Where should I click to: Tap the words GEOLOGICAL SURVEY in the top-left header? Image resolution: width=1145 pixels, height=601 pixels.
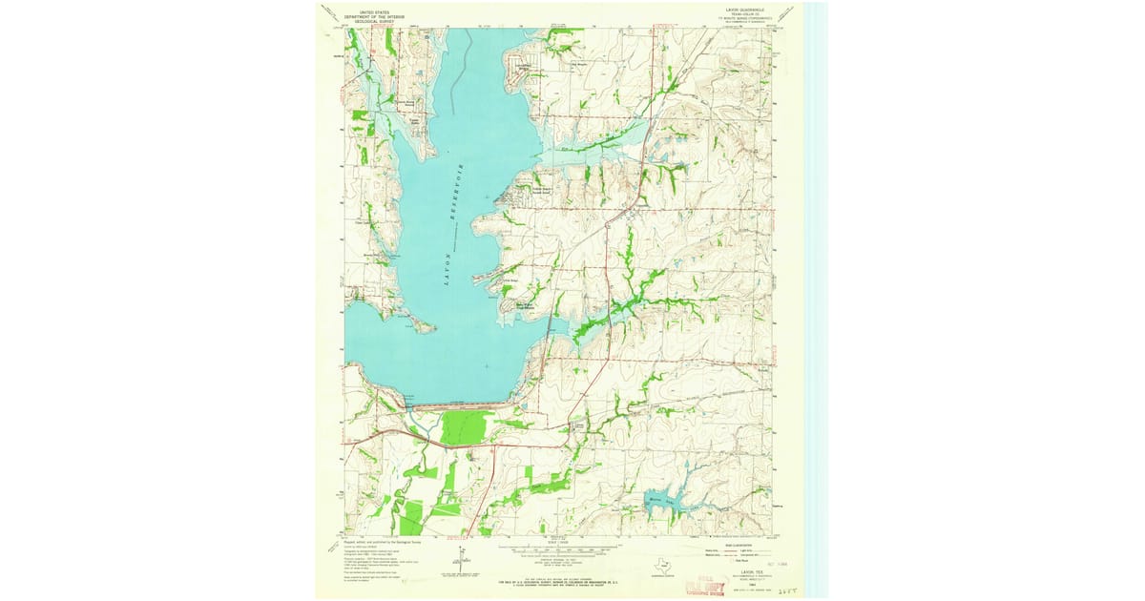click(374, 20)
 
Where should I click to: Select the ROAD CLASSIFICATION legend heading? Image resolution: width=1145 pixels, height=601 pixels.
click(736, 544)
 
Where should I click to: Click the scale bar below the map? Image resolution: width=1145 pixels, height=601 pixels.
click(560, 550)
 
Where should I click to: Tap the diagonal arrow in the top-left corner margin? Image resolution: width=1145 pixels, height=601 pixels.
click(328, 12)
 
